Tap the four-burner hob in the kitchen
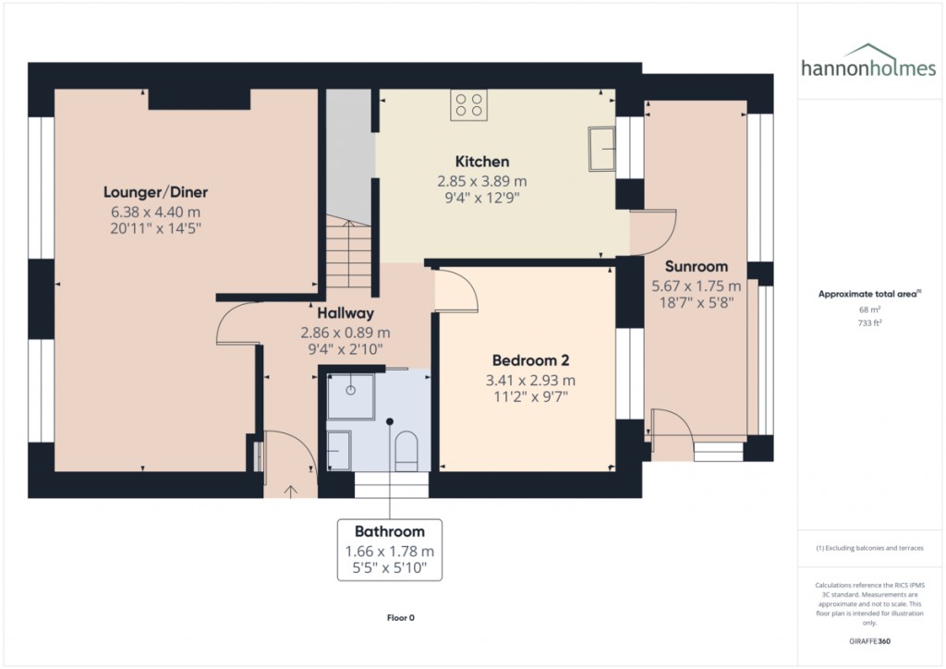(468, 104)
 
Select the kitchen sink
(602, 149)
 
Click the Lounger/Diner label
(155, 192)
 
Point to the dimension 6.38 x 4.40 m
(155, 211)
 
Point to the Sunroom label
(697, 266)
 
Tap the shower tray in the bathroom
(351, 395)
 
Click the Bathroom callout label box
(390, 549)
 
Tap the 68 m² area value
(868, 310)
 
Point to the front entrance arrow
(292, 491)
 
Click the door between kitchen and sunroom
(654, 231)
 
